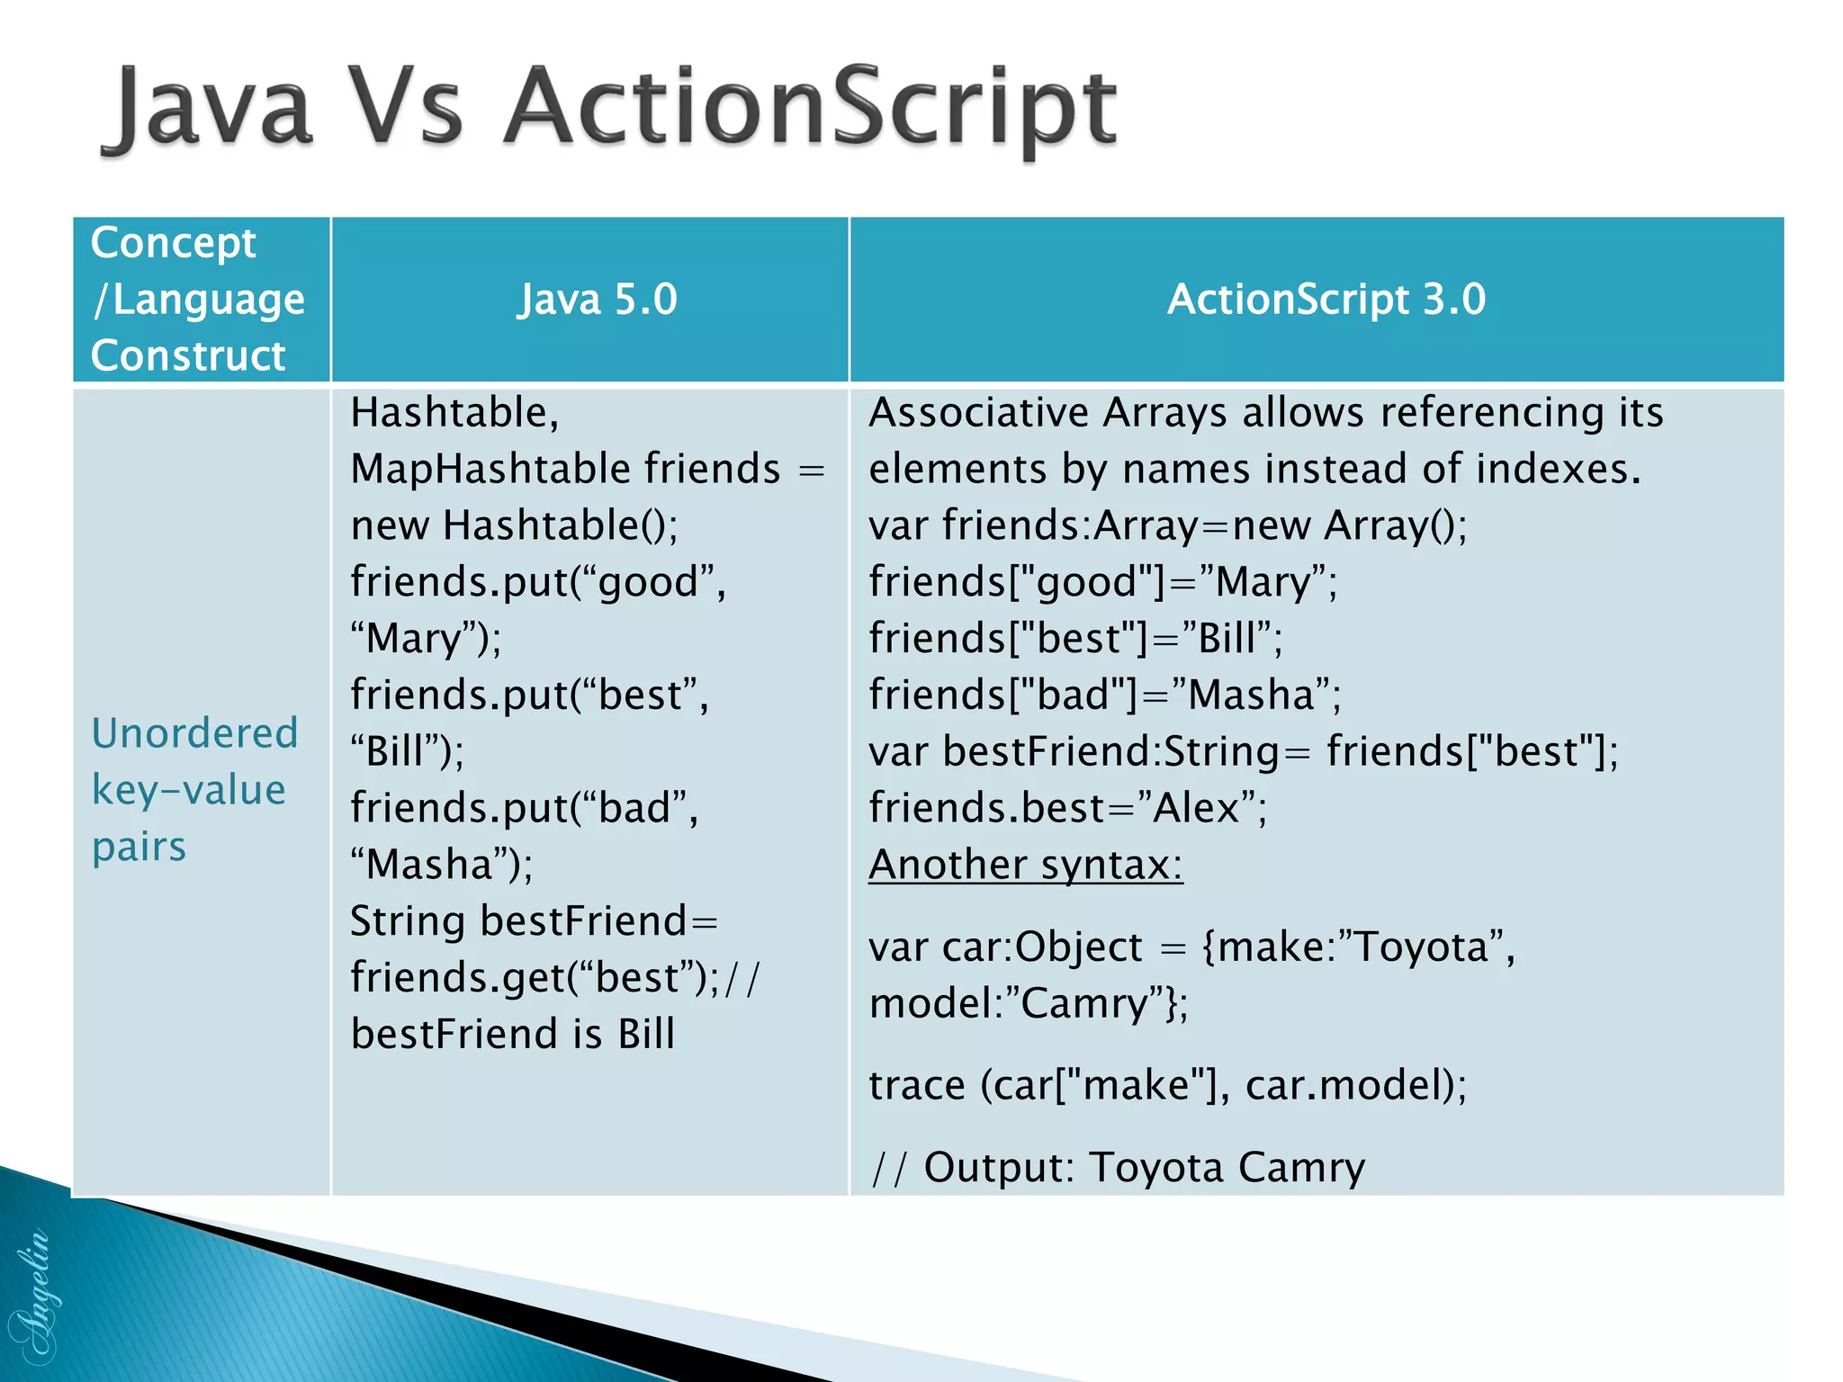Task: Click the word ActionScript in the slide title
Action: tap(810, 108)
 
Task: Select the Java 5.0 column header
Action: tap(597, 299)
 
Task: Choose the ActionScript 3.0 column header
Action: tap(1326, 299)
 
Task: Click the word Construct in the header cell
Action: tap(188, 355)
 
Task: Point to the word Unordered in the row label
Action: tap(194, 733)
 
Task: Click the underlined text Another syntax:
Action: tap(1025, 865)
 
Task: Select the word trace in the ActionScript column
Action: tap(916, 1085)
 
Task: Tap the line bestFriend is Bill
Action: tap(512, 1034)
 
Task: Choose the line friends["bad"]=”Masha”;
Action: tap(1104, 695)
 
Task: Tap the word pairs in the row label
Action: tap(139, 847)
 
